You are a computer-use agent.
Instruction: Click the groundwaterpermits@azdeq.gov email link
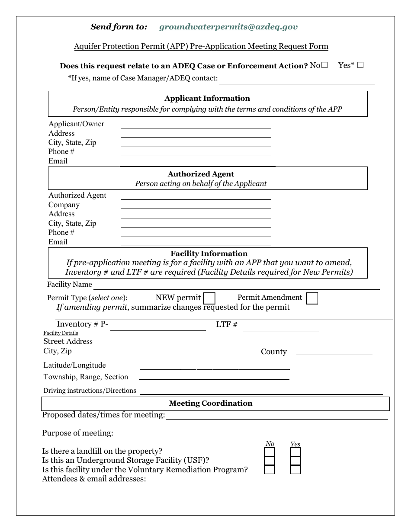pyautogui.click(x=228, y=27)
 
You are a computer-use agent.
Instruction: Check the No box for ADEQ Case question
pyautogui.click(x=324, y=65)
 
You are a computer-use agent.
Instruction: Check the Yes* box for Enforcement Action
pyautogui.click(x=360, y=65)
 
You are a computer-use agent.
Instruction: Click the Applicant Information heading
pyautogui.click(x=207, y=98)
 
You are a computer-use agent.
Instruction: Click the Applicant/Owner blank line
pyautogui.click(x=196, y=125)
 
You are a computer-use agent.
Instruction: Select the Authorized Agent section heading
pyautogui.click(x=201, y=174)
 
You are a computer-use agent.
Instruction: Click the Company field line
pyautogui.click(x=196, y=206)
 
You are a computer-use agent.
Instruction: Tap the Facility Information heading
pyautogui.click(x=209, y=253)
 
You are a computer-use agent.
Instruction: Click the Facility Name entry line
pyautogui.click(x=236, y=286)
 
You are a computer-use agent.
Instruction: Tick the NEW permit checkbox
pyautogui.click(x=209, y=298)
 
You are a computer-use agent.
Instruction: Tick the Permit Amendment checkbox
pyautogui.click(x=312, y=298)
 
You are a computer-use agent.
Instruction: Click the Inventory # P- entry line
pyautogui.click(x=158, y=327)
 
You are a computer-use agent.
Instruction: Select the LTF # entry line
pyautogui.click(x=280, y=327)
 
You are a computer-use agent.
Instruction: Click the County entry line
pyautogui.click(x=334, y=352)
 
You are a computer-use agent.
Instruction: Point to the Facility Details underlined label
pyautogui.click(x=61, y=333)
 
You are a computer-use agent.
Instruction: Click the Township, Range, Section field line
pyautogui.click(x=214, y=377)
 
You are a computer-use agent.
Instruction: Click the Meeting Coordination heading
pyautogui.click(x=211, y=403)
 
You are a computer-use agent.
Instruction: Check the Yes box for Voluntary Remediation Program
pyautogui.click(x=295, y=470)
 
